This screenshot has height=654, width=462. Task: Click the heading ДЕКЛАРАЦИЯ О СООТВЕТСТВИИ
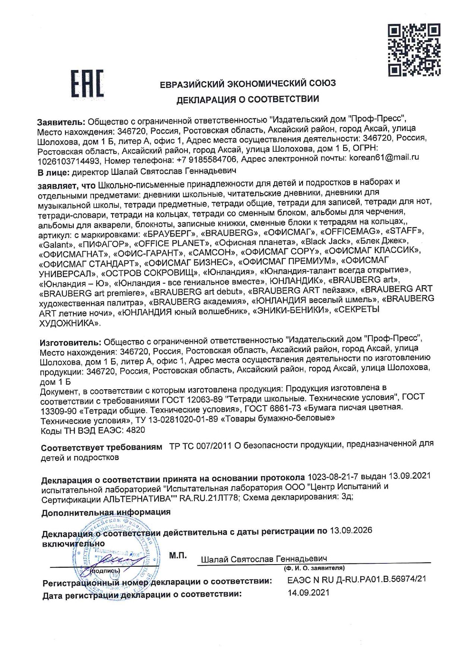pyautogui.click(x=248, y=100)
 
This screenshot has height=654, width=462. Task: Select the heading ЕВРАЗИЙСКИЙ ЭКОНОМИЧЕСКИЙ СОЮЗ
pyautogui.click(x=248, y=83)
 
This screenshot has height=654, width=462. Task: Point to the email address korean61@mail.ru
pyautogui.click(x=384, y=157)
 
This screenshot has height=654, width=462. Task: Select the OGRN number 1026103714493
pyautogui.click(x=69, y=161)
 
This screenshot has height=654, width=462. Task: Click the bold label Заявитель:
pyautogui.click(x=61, y=122)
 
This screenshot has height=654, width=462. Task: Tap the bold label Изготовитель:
pyautogui.click(x=70, y=342)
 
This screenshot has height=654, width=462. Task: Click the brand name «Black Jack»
pyautogui.click(x=328, y=241)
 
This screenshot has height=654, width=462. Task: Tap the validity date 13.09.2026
pyautogui.click(x=351, y=530)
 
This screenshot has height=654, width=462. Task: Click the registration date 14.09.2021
pyautogui.click(x=308, y=592)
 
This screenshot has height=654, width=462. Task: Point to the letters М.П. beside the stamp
pyautogui.click(x=178, y=555)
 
